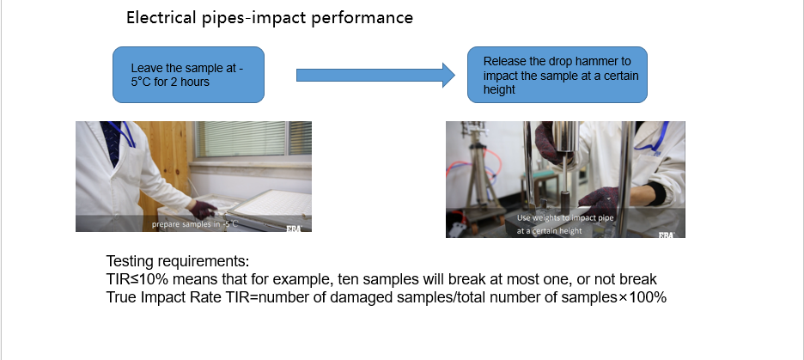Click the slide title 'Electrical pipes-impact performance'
click(270, 18)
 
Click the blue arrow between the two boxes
click(375, 76)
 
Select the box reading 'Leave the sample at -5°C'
click(188, 75)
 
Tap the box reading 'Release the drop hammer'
click(557, 75)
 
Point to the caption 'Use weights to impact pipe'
click(565, 218)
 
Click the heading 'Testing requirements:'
click(178, 261)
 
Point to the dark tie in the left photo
click(112, 143)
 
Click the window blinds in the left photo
click(253, 138)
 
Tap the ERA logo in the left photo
click(294, 229)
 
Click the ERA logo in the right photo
click(667, 235)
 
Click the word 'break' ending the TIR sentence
click(638, 279)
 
